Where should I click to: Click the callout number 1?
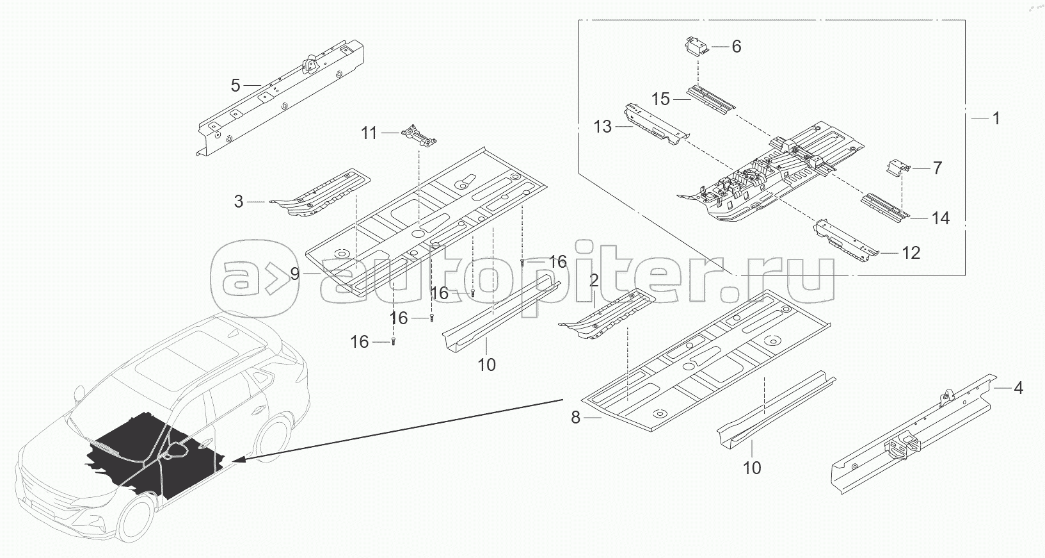995,118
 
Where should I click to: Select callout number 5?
235,85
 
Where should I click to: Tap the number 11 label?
370,133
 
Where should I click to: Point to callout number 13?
603,127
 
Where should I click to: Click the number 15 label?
660,99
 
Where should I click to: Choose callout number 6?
737,46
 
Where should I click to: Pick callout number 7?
937,168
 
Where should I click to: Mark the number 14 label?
940,218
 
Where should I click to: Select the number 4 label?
1018,388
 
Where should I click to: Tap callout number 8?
575,418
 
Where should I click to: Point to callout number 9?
294,274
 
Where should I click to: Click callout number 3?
239,202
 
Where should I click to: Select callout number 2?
594,281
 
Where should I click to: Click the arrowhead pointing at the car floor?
235,459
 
